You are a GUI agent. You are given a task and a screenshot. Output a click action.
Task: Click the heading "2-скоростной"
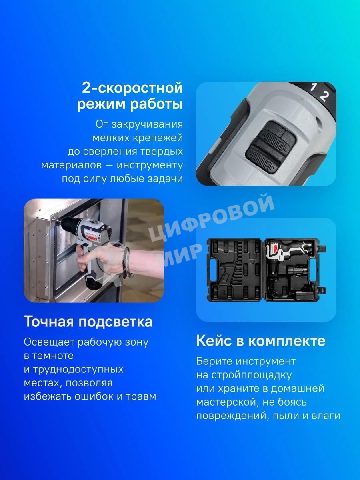[x=132, y=88]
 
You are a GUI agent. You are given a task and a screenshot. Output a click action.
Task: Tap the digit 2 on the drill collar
[x=324, y=95]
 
